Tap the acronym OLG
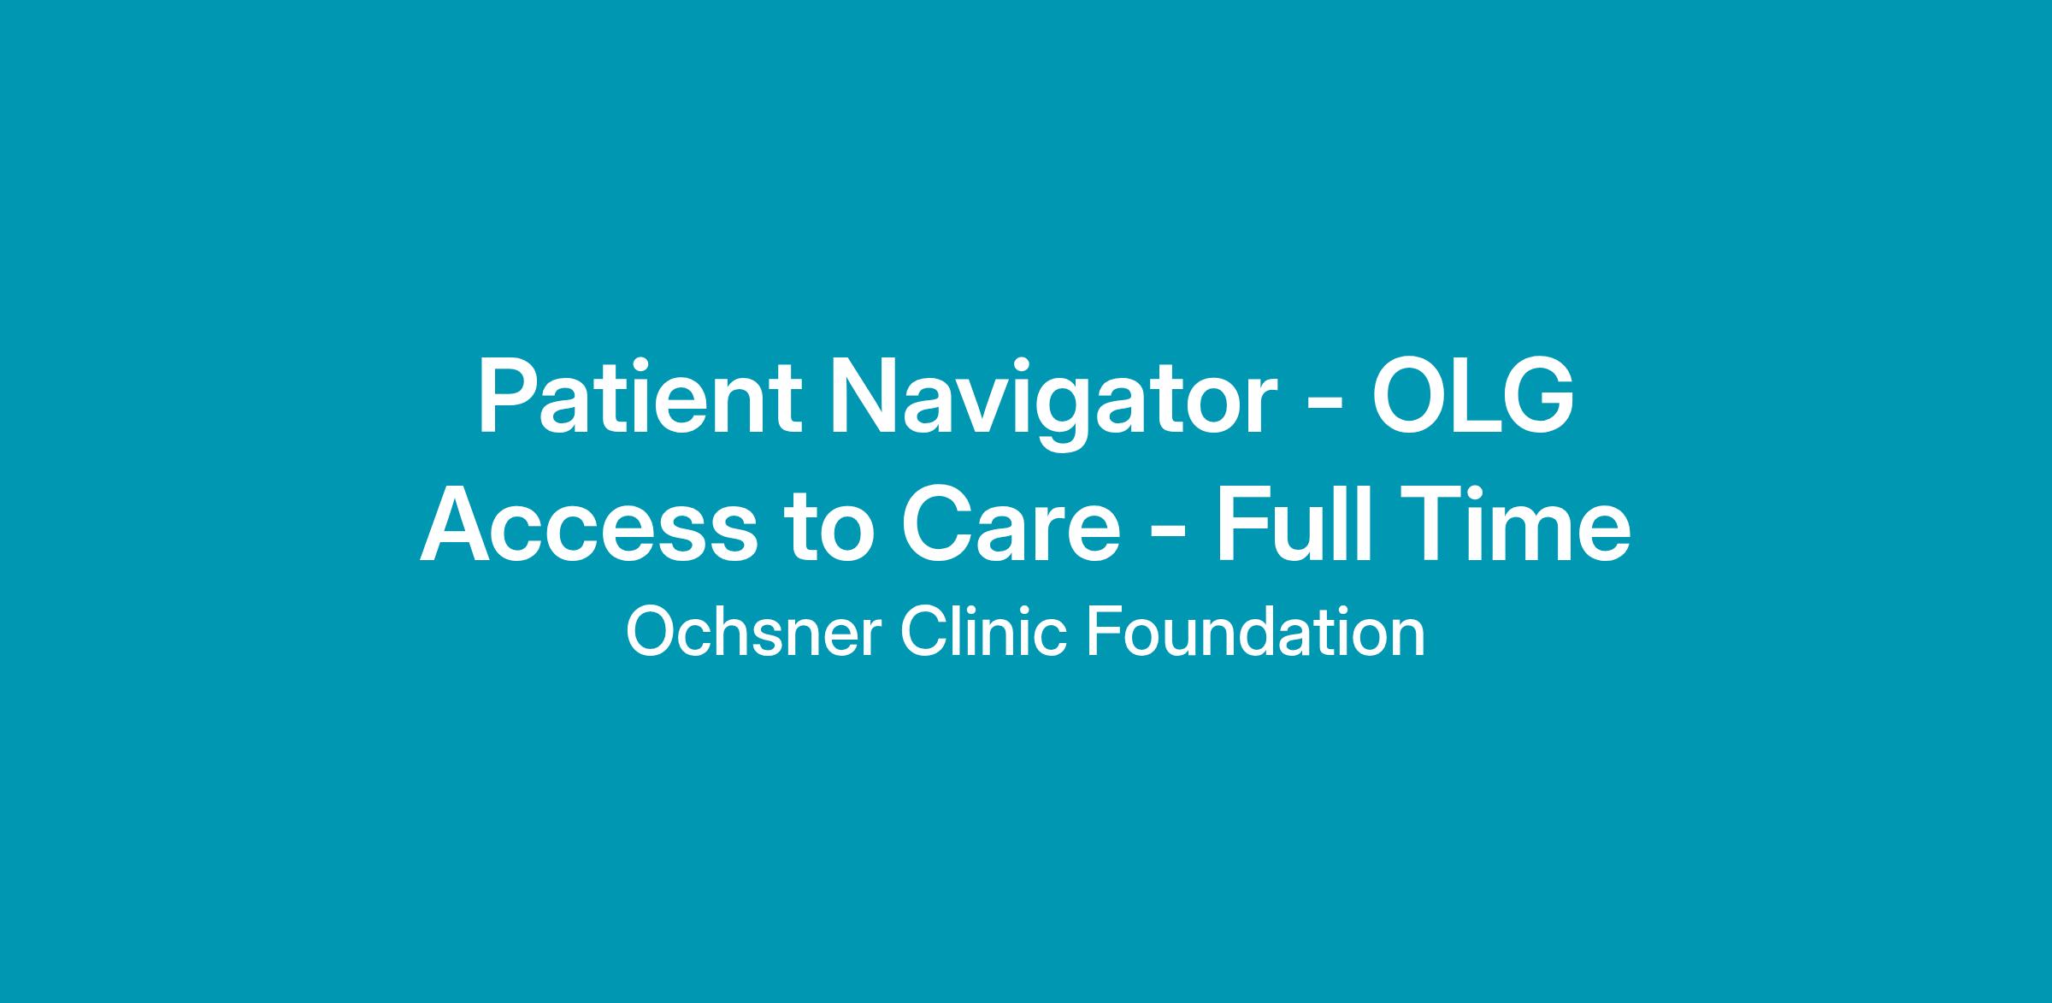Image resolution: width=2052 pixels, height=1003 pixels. coord(1472,397)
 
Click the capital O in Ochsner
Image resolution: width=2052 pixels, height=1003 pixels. coord(652,633)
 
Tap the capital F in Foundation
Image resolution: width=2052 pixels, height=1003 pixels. coord(1105,633)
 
